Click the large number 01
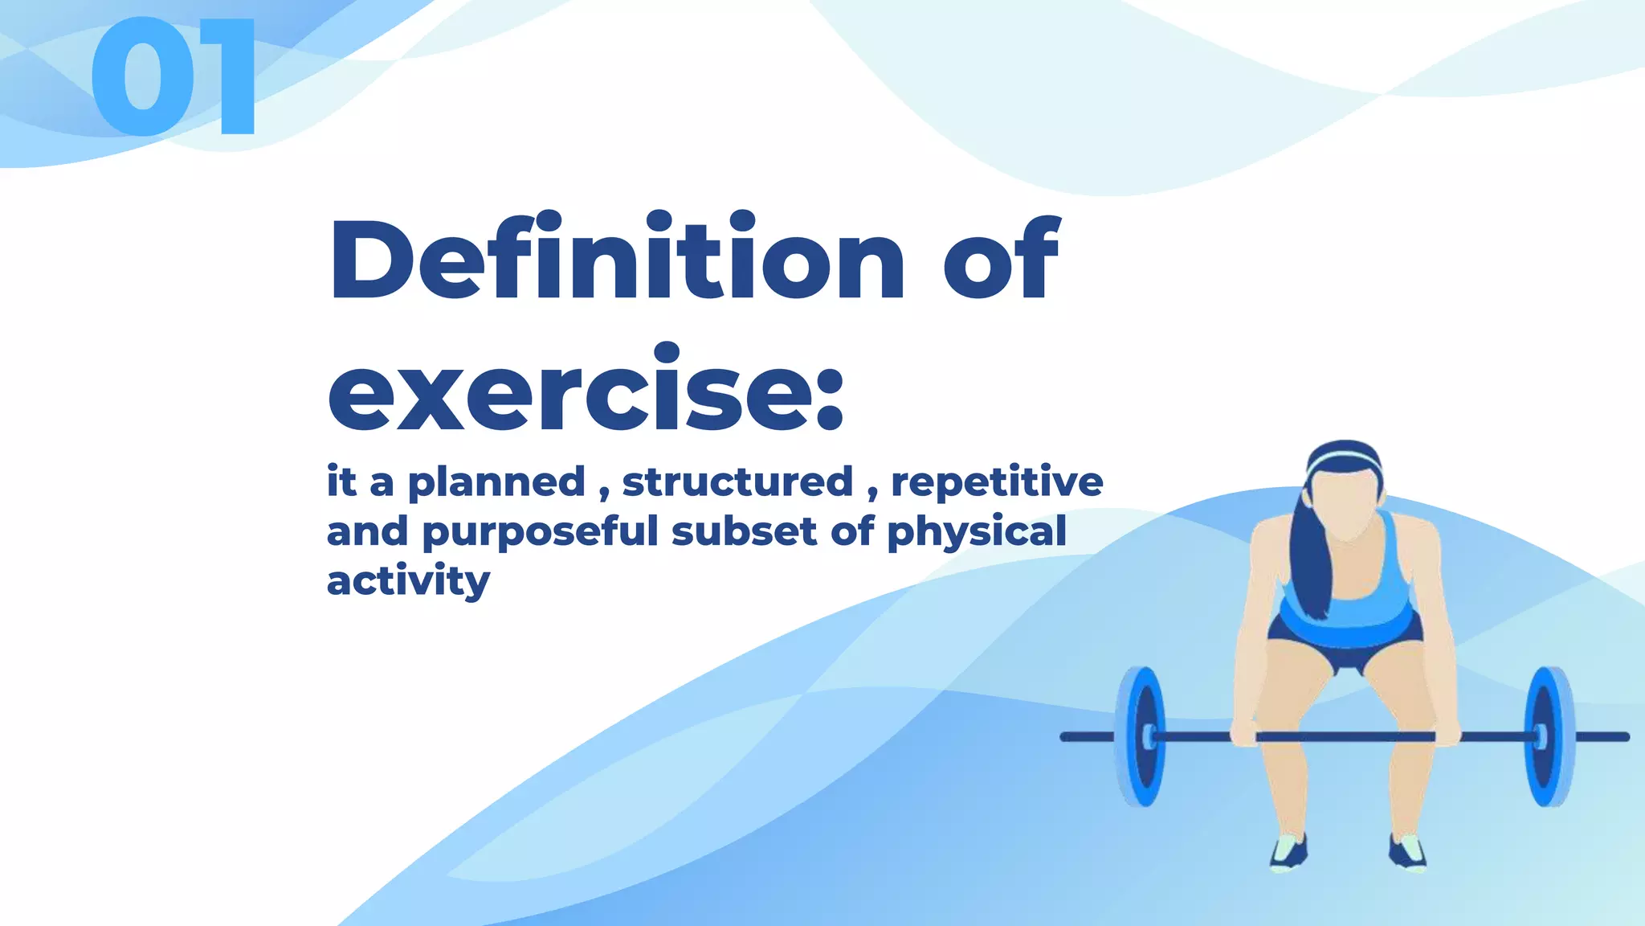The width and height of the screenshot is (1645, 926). tap(173, 78)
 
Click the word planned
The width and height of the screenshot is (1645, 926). tap(496, 482)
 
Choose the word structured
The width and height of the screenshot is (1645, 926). tap(737, 482)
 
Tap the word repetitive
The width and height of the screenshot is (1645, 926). tap(997, 482)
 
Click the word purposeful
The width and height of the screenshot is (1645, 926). tap(540, 532)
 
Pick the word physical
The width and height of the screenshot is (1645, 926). tap(976, 532)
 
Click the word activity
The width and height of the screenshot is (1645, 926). tap(408, 581)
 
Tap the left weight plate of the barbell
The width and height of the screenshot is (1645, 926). tap(1141, 736)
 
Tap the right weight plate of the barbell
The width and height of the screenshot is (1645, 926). tap(1546, 736)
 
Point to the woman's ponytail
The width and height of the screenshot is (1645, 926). tap(1309, 563)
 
